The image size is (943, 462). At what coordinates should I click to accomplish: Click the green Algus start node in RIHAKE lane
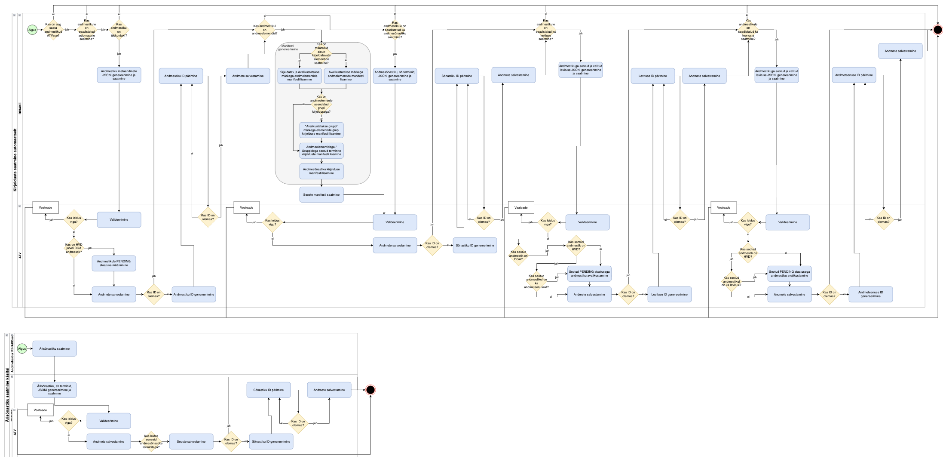tap(32, 30)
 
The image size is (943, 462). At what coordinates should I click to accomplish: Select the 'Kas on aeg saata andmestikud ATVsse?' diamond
tap(53, 30)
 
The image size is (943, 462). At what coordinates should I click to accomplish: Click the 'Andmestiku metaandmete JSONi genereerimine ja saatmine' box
tap(119, 75)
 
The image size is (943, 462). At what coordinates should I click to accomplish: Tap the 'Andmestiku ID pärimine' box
tap(181, 76)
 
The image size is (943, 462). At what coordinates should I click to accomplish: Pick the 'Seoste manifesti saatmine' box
tap(321, 194)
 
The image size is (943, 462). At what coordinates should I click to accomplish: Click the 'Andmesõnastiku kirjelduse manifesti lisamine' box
tap(321, 171)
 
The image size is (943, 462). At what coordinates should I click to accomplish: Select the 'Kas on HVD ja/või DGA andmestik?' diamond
tap(74, 248)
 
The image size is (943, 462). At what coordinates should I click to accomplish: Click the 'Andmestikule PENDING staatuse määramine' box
tap(114, 263)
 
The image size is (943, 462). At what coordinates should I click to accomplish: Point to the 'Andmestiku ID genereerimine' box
tap(194, 295)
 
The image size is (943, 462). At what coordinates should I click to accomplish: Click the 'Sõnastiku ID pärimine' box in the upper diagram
tap(457, 76)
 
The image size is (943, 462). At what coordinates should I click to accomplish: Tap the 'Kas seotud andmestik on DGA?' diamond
tap(518, 256)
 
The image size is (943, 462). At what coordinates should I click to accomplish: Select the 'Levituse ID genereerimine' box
tap(670, 295)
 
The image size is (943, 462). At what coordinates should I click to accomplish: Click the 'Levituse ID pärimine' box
tap(653, 76)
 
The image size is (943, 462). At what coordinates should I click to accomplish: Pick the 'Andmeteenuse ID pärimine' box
tap(854, 75)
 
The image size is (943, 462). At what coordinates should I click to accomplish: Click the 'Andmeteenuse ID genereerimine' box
tap(871, 294)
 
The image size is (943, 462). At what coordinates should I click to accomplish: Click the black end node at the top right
tap(938, 30)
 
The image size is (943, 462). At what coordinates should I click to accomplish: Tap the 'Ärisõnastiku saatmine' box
tap(55, 348)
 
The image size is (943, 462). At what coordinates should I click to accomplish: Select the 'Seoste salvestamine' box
tap(191, 441)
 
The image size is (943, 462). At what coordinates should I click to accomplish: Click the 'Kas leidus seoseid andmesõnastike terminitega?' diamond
tap(151, 442)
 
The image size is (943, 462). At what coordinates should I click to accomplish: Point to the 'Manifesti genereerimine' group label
tap(288, 47)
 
